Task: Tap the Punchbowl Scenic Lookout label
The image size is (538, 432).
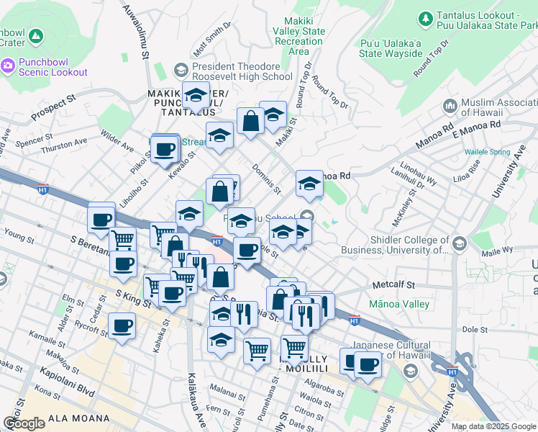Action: [x=45, y=67]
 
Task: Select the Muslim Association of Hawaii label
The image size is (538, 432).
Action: [x=493, y=107]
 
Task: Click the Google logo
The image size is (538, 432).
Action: [x=24, y=423]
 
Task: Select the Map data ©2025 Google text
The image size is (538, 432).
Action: [x=493, y=426]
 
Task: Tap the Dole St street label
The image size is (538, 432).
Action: [x=475, y=329]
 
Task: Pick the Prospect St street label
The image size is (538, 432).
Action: [x=53, y=107]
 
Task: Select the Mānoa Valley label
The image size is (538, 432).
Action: [x=398, y=305]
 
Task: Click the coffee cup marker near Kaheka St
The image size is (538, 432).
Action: [x=121, y=326]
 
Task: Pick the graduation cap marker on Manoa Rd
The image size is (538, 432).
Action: [x=309, y=184]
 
